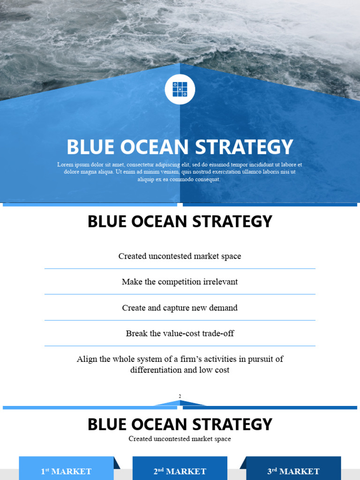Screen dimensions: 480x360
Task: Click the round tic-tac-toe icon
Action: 180,89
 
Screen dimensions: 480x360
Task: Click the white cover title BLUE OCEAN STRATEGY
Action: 180,147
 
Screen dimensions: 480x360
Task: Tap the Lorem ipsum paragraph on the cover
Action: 180,172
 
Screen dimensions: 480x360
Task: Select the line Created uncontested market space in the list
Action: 180,256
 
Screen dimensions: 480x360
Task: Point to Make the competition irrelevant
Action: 180,282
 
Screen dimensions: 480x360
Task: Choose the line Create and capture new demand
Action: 180,308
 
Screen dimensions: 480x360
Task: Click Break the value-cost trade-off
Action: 180,334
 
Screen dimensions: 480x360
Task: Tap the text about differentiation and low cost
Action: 180,365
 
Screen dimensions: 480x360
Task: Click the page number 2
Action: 180,397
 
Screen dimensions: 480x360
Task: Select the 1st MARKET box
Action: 66,471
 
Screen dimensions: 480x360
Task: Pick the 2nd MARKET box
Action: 180,471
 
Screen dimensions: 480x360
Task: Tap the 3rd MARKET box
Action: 293,471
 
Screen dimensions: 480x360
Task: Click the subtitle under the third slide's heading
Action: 180,439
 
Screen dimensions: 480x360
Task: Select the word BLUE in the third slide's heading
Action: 105,425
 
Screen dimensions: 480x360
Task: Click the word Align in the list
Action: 87,360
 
